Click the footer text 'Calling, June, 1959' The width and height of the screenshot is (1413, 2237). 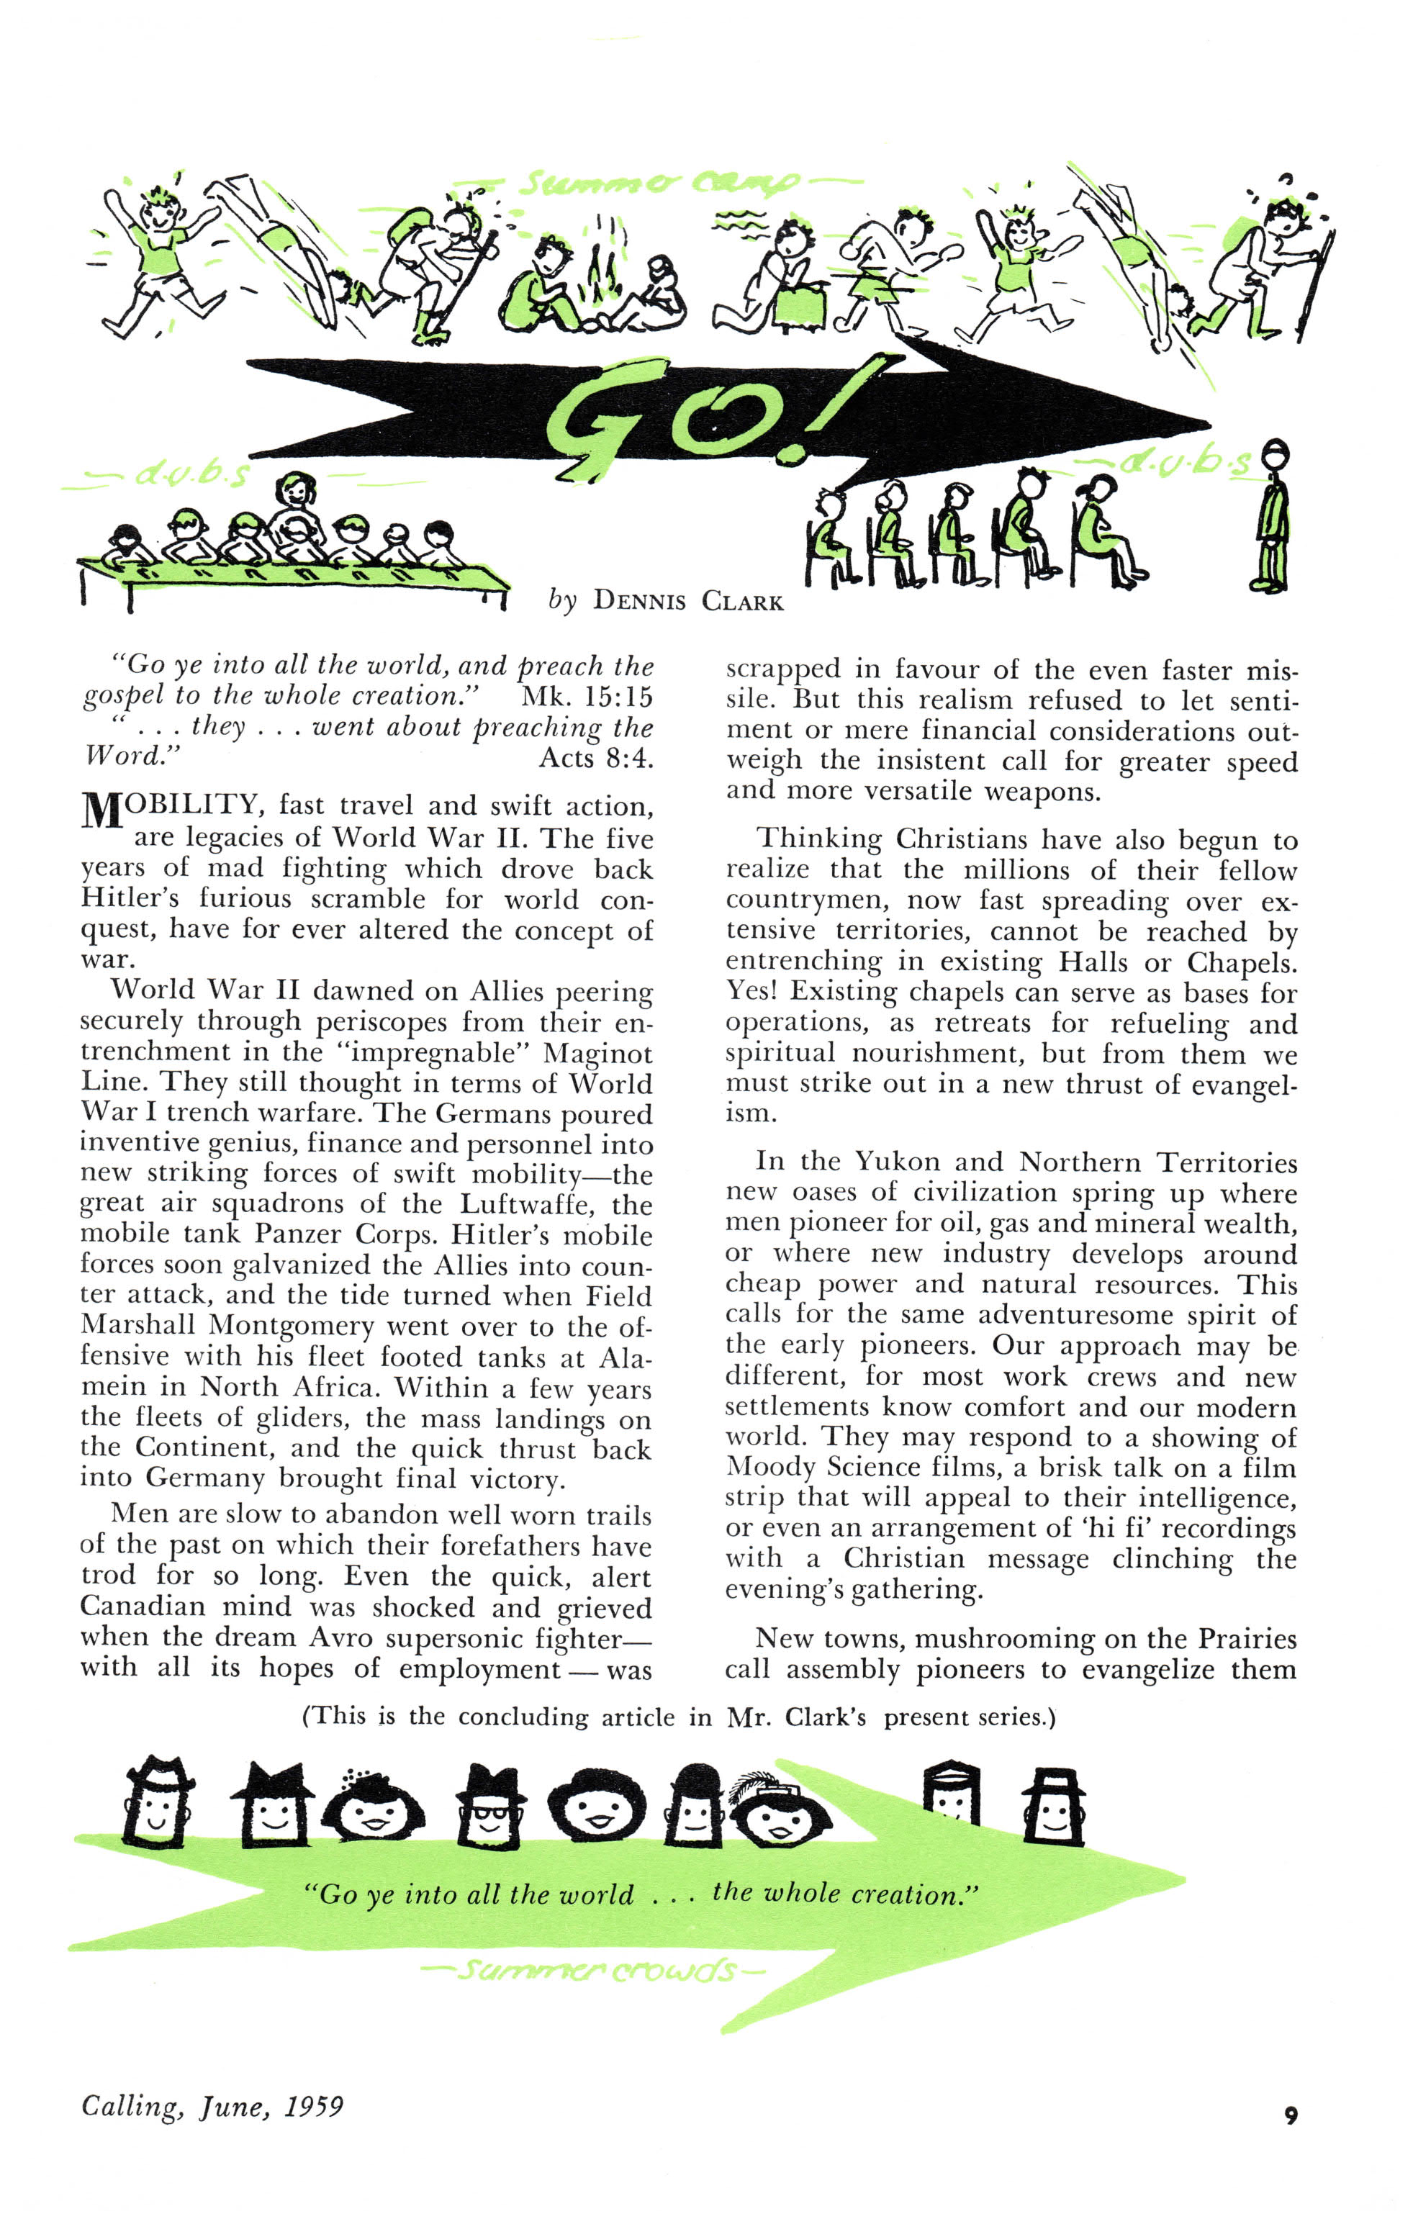(x=212, y=2105)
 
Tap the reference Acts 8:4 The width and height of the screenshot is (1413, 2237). (x=597, y=758)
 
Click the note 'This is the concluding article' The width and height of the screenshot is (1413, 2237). (x=678, y=1716)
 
